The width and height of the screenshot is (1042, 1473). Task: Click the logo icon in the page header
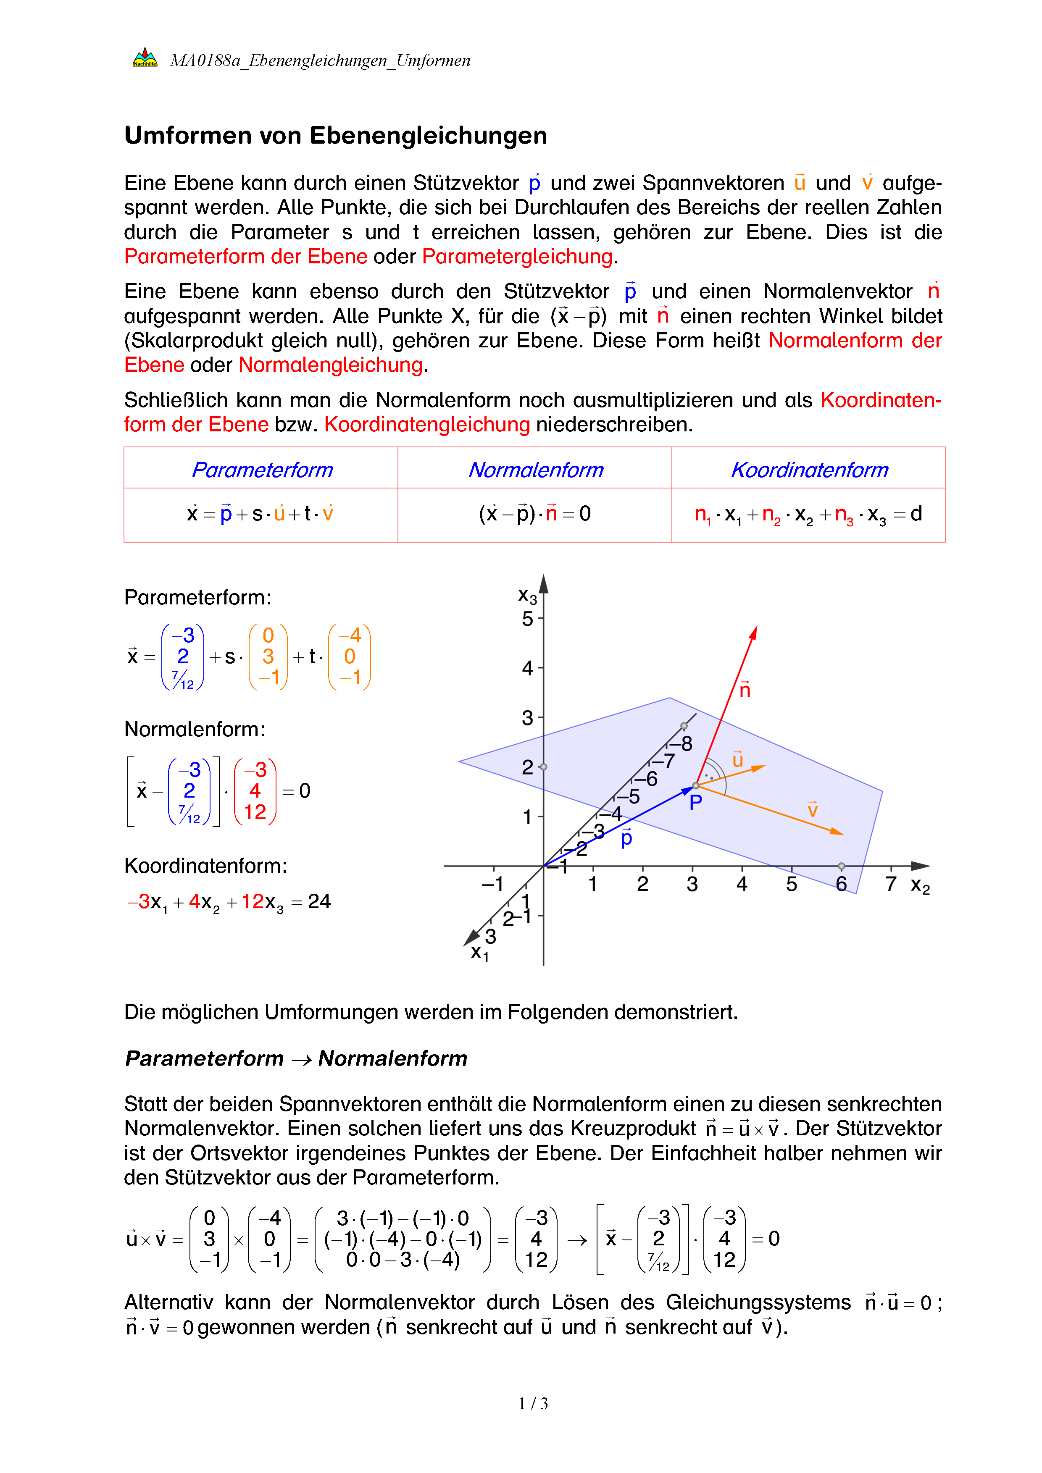[x=145, y=58]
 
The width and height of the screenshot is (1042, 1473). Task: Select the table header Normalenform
[x=535, y=470]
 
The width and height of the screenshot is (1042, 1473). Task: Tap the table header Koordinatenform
[x=809, y=470]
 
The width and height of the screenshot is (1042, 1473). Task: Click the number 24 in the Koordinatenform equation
[x=319, y=901]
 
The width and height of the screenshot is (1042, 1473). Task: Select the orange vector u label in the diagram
[x=737, y=759]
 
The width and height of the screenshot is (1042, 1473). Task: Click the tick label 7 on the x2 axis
[x=891, y=884]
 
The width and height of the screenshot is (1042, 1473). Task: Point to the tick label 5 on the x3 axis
[x=527, y=619]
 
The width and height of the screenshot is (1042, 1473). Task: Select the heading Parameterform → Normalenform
[x=296, y=1058]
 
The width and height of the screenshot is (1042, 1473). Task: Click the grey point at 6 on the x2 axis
[x=841, y=866]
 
